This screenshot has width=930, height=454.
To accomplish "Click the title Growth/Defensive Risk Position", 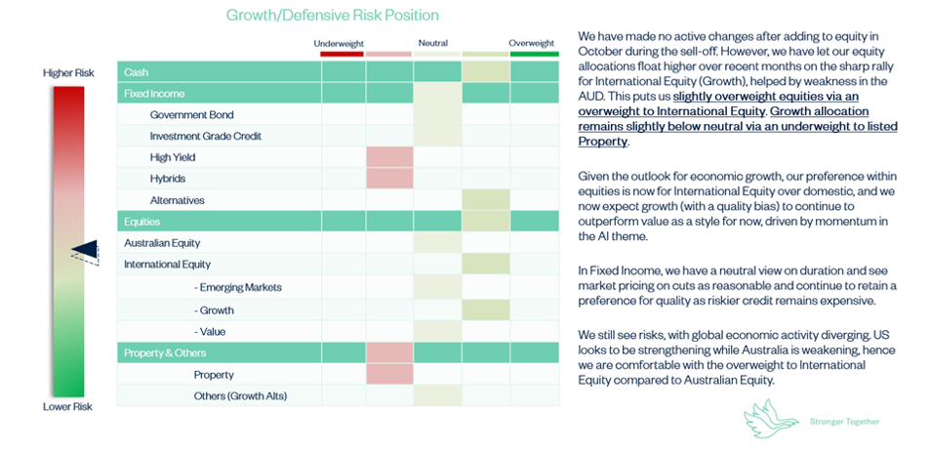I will pos(332,15).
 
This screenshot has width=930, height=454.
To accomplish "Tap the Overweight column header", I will pos(532,43).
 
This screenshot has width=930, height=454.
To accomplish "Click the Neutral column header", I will pos(433,43).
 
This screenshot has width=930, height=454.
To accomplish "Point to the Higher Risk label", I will pos(67,73).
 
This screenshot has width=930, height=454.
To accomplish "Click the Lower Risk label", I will pos(67,406).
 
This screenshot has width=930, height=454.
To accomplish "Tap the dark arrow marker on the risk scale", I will pos(85,252).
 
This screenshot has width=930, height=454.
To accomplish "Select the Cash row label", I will pos(137,72).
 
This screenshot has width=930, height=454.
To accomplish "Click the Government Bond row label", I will pos(192,114).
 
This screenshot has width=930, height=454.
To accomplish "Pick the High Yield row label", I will pos(173,157).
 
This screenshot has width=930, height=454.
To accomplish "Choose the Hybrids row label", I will pos(168,179).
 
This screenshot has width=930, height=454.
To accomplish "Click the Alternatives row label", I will pos(178,200).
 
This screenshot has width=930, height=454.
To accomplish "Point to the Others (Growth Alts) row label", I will pos(240,396).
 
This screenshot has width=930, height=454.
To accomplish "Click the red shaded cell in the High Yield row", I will pos(389,157).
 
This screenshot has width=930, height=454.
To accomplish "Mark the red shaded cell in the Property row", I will pos(389,374).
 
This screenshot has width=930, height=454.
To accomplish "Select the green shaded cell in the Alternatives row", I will pos(485,200).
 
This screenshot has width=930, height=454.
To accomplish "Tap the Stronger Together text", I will pos(844,422).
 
